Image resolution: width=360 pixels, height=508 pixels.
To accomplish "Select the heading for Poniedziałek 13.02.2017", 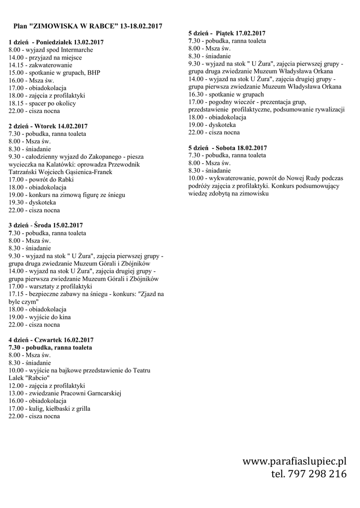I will point(56,42).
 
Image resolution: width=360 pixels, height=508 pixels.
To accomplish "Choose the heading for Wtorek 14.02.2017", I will point(48,126).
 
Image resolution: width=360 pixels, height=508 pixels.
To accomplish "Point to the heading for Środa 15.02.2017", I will point(46,225).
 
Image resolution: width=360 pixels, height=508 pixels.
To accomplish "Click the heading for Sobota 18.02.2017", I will point(228,147).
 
